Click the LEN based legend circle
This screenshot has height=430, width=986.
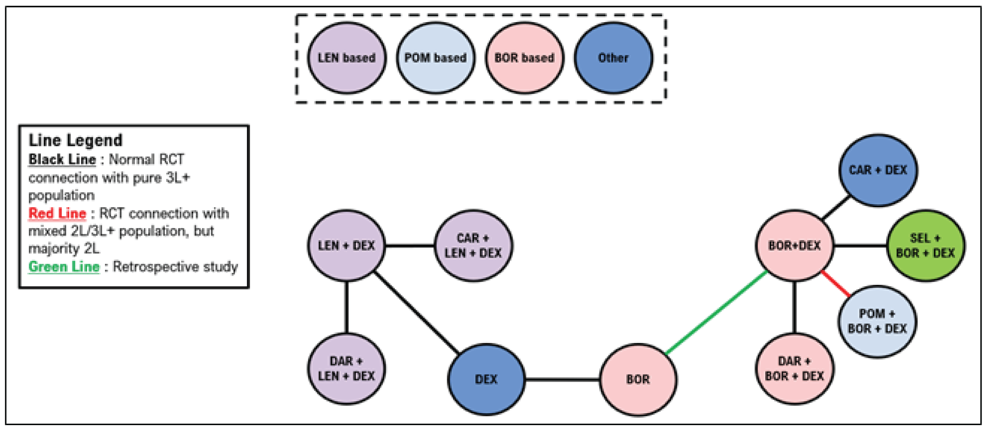click(x=346, y=58)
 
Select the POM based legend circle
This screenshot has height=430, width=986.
click(x=435, y=58)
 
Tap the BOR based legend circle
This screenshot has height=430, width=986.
click(x=524, y=58)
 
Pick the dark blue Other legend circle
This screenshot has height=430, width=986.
click(x=613, y=58)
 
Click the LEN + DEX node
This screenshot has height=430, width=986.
click(x=346, y=245)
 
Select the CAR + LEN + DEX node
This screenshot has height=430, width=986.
click(x=473, y=245)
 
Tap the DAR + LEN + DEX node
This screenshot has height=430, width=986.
click(x=346, y=368)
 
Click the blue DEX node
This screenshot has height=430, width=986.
click(x=486, y=379)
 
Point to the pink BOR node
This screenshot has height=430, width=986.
click(x=638, y=379)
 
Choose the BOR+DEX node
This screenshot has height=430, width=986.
click(x=795, y=245)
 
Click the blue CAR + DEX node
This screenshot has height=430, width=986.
click(x=878, y=170)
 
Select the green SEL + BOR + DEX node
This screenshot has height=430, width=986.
click(x=925, y=245)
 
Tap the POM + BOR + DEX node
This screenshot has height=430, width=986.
click(x=877, y=321)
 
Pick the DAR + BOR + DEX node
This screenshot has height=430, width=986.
click(x=795, y=368)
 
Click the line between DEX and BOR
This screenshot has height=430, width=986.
click(x=562, y=379)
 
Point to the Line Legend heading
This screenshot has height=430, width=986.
click(x=76, y=140)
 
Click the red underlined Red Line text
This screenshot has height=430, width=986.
click(x=57, y=213)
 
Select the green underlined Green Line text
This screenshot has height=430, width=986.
click(x=64, y=267)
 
